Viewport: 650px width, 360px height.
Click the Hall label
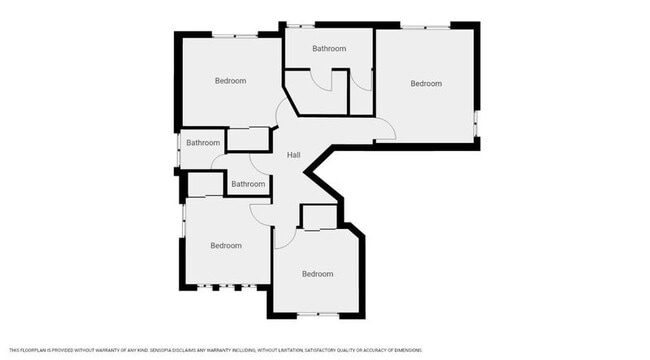tap(294, 155)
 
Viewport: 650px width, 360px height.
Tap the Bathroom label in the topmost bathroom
tap(329, 49)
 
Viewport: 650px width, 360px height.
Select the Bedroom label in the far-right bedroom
tap(425, 84)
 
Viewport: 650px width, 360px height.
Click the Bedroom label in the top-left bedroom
tap(230, 81)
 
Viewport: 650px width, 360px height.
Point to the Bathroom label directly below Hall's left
tap(248, 184)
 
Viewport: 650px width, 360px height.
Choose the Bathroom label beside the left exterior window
tap(202, 143)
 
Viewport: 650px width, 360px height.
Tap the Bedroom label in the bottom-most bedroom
tap(317, 274)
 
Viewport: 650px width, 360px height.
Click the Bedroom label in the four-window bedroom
tap(225, 245)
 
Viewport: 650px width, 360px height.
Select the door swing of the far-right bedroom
tap(384, 127)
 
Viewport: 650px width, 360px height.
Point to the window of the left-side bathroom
tap(179, 152)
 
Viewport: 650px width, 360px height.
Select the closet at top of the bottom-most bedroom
tap(317, 217)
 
